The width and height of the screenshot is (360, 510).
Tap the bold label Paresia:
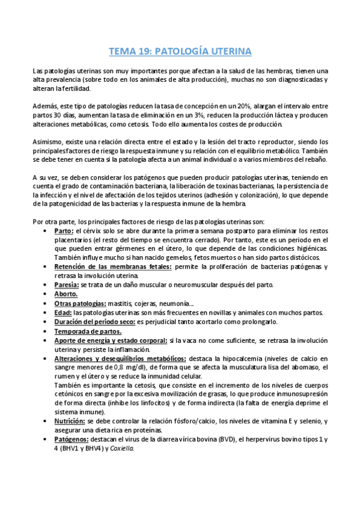coord(67,284)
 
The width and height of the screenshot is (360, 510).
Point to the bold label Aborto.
coord(66,294)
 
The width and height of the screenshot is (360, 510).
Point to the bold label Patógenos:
coord(71,440)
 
